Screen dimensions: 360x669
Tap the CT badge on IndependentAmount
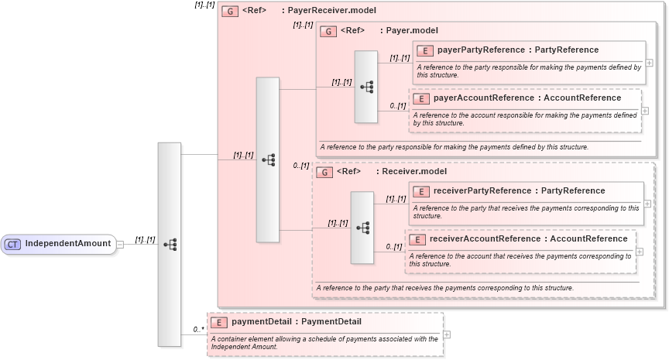[12, 245]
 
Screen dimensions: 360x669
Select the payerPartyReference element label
[517, 50]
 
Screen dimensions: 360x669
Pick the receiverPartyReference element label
[519, 191]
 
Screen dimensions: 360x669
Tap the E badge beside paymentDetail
[219, 322]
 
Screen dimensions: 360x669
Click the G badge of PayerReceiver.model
[229, 12]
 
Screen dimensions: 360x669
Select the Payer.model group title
[411, 31]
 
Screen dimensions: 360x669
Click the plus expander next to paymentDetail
[447, 334]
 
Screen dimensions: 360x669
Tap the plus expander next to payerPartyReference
[649, 63]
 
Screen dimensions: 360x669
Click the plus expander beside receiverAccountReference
[639, 251]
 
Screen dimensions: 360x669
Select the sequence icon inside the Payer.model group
[366, 87]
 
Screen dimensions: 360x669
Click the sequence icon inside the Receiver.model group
[362, 228]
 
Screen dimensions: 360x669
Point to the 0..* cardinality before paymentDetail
[198, 330]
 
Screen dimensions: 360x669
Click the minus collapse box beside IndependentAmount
[119, 245]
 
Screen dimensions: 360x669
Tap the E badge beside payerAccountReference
[420, 98]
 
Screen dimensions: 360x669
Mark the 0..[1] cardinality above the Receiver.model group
[301, 166]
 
